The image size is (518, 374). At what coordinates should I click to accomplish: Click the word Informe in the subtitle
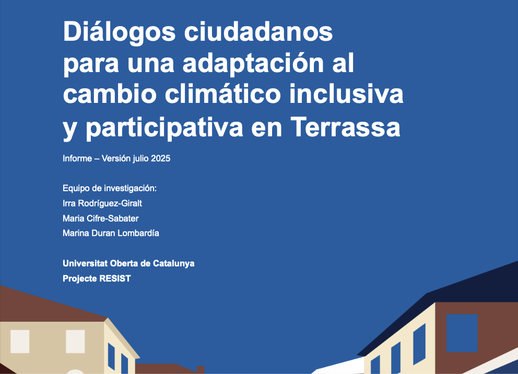point(77,159)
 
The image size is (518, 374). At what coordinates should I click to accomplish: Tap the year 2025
point(161,159)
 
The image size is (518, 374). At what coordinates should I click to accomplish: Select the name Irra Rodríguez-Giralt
point(102,203)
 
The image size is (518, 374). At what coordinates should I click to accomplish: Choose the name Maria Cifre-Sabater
point(100,218)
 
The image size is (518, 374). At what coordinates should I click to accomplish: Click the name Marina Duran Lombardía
point(111,233)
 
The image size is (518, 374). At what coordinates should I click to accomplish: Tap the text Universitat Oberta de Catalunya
point(128,263)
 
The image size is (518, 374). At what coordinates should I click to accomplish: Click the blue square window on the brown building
point(462,333)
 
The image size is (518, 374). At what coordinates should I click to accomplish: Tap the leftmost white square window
point(20,342)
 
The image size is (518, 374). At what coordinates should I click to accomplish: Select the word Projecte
point(79,278)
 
